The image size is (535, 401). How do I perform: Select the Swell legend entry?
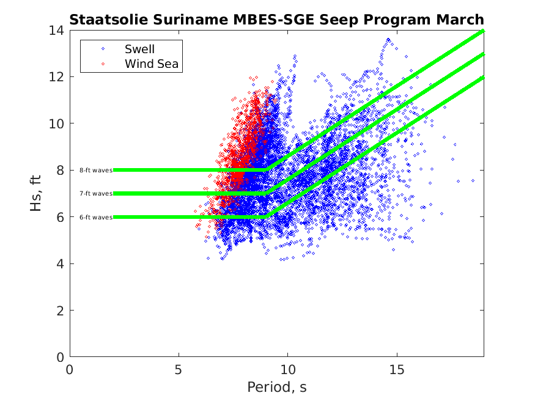pyautogui.click(x=139, y=49)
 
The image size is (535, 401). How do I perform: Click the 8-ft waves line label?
pyautogui.click(x=96, y=170)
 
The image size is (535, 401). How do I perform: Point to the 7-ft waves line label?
pyautogui.click(x=96, y=193)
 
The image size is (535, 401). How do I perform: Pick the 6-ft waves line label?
pyautogui.click(x=96, y=217)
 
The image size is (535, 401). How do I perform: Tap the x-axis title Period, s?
pyautogui.click(x=276, y=388)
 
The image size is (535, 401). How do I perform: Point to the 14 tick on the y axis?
pyautogui.click(x=59, y=30)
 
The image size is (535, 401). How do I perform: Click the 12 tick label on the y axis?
pyautogui.click(x=59, y=77)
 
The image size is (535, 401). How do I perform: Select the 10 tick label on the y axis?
pyautogui.click(x=59, y=123)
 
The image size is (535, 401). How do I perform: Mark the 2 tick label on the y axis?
pyautogui.click(x=62, y=311)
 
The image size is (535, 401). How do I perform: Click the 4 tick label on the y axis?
pyautogui.click(x=62, y=263)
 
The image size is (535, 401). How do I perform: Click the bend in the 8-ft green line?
pyautogui.click(x=266, y=170)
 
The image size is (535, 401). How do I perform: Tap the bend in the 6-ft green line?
pyautogui.click(x=266, y=217)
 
